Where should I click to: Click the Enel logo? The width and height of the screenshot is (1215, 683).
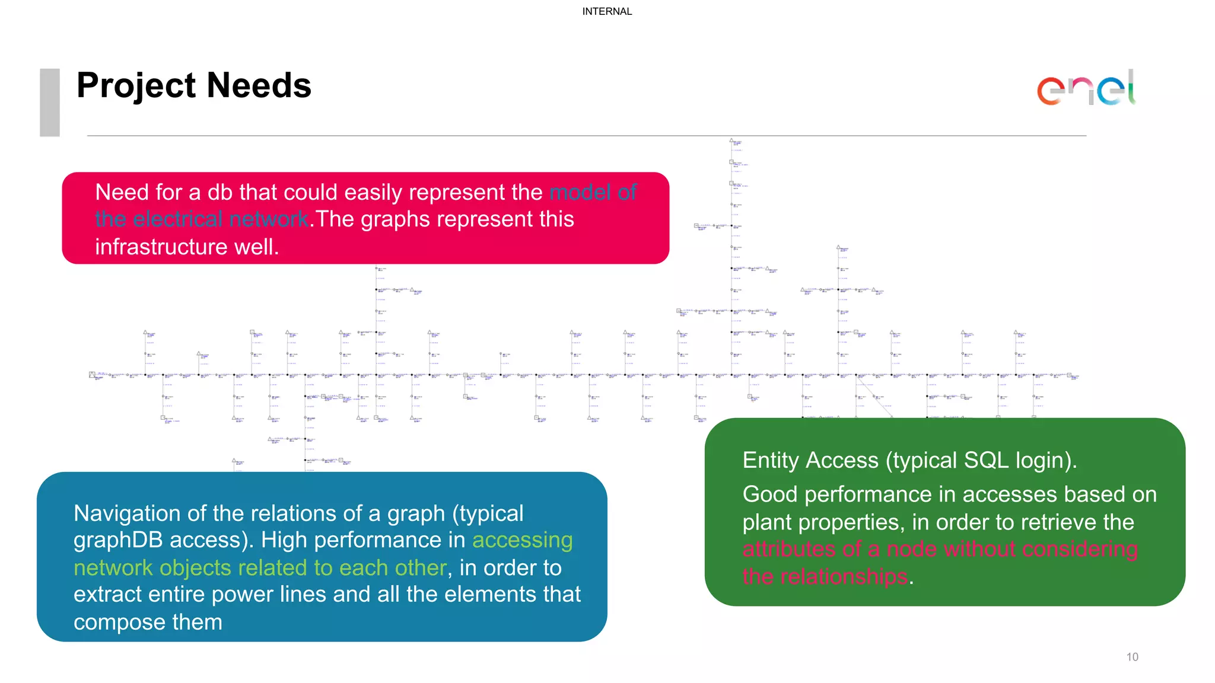click(x=1086, y=89)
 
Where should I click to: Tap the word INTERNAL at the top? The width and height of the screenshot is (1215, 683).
click(x=607, y=11)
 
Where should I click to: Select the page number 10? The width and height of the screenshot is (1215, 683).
click(x=1132, y=657)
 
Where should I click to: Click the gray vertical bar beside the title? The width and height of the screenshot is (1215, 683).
click(x=50, y=102)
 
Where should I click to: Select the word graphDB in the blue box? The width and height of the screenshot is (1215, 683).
click(x=119, y=540)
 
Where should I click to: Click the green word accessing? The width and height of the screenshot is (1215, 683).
click(x=522, y=540)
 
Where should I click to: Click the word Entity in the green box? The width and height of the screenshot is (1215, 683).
click(x=770, y=461)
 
